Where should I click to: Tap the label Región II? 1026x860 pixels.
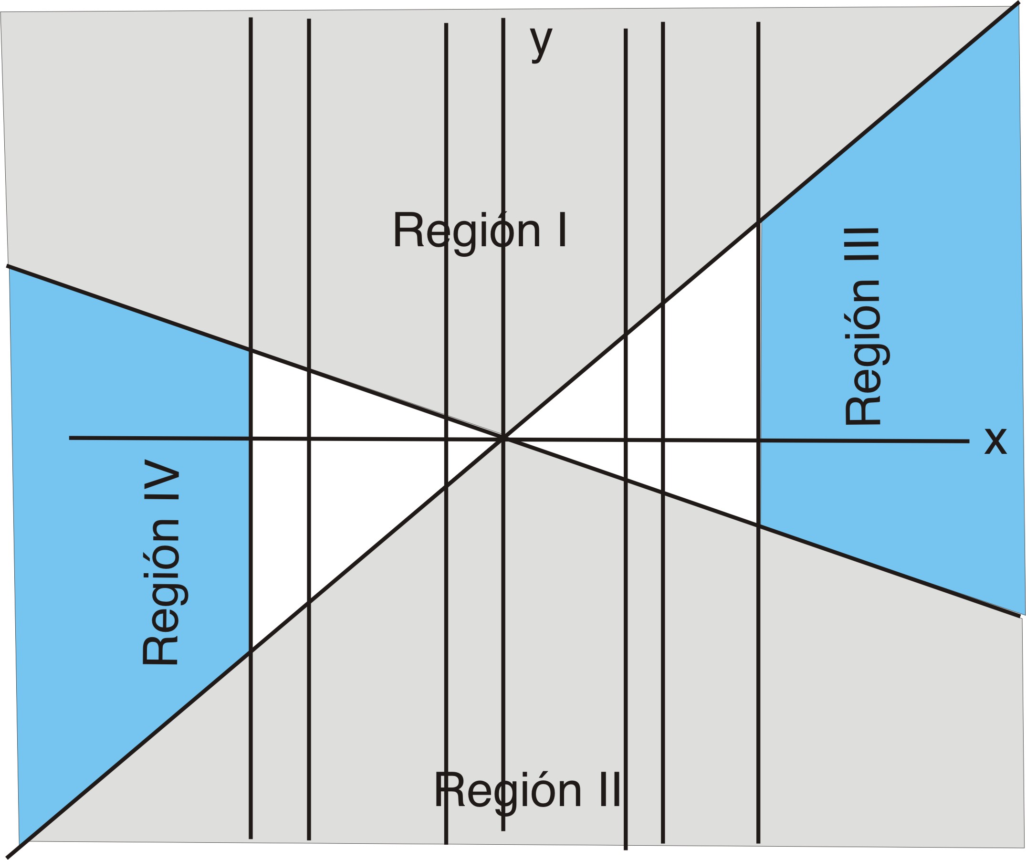point(528,791)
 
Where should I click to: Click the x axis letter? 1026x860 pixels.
point(996,442)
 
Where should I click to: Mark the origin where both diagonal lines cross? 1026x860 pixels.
point(503,439)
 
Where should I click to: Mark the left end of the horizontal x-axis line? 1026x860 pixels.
point(70,438)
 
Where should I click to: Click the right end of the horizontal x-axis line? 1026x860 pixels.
point(968,441)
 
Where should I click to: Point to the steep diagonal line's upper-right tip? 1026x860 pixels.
point(1018,3)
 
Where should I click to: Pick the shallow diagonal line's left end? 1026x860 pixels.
point(7,266)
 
